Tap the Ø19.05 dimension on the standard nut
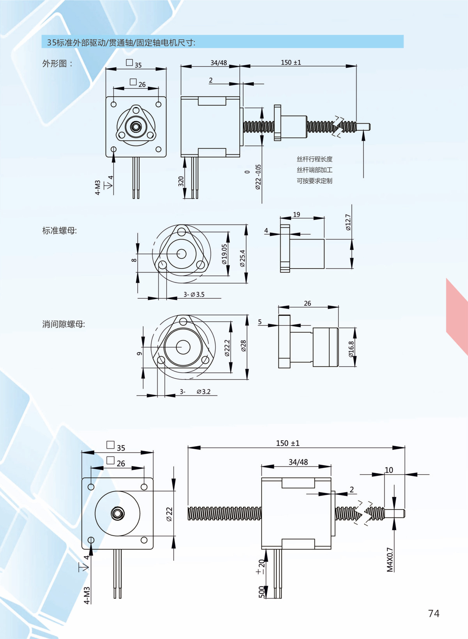click(x=224, y=254)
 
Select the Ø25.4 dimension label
click(x=243, y=258)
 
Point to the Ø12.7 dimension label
click(x=348, y=222)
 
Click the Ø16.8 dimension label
click(x=351, y=349)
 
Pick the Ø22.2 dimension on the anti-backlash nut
click(x=227, y=348)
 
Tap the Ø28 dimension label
click(x=243, y=346)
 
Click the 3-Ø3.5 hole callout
click(x=194, y=295)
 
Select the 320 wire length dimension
click(x=181, y=182)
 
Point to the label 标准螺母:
click(x=60, y=231)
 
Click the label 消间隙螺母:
click(x=64, y=324)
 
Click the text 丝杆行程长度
click(x=315, y=159)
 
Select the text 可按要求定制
click(x=315, y=181)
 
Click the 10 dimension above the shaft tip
click(x=389, y=470)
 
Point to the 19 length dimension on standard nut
click(x=297, y=215)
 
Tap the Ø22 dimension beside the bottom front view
click(x=169, y=514)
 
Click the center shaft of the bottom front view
click(x=117, y=513)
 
